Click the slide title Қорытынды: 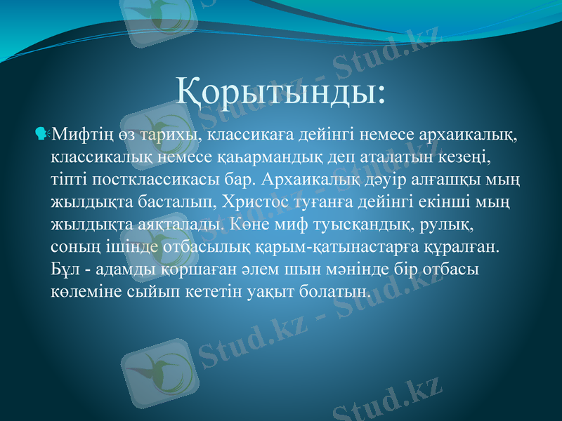tap(281, 92)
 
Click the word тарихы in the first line tap(159, 133)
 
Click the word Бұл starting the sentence tap(65, 269)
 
